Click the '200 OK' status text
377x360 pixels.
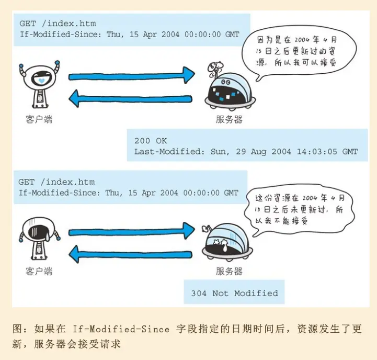(x=151, y=140)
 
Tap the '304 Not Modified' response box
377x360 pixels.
(x=234, y=293)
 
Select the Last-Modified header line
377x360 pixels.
(x=246, y=152)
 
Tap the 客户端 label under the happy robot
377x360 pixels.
(x=39, y=119)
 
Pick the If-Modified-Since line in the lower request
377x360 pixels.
(x=129, y=193)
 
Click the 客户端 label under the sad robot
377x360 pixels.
(x=39, y=271)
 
